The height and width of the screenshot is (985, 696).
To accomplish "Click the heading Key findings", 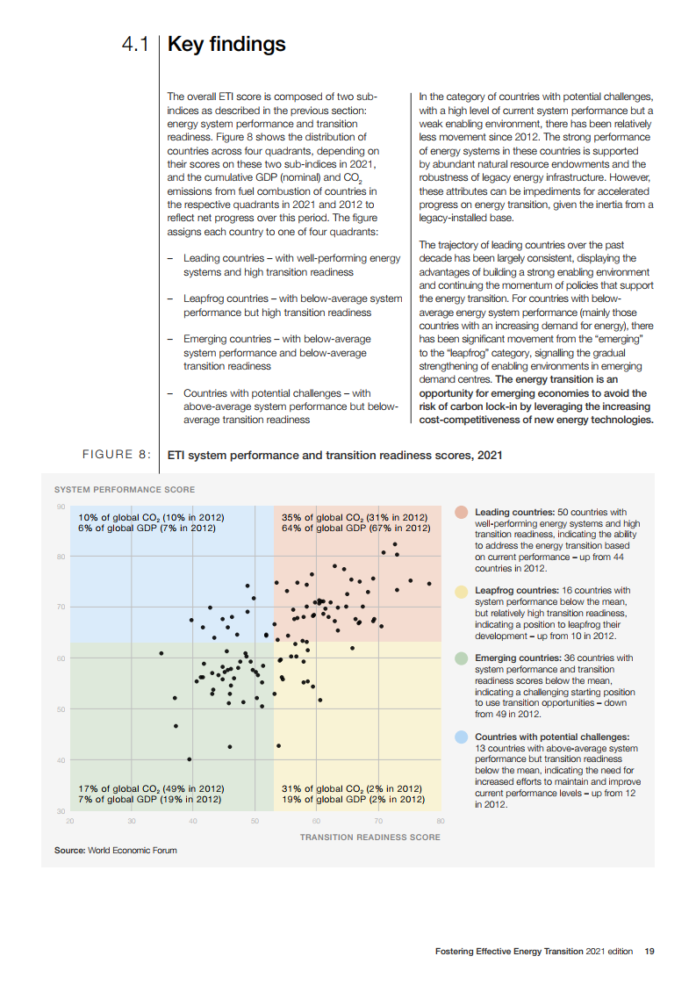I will [x=226, y=44].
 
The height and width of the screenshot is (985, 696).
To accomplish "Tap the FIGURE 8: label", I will [x=116, y=455].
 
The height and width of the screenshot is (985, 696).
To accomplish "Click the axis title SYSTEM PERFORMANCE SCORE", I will [x=125, y=489].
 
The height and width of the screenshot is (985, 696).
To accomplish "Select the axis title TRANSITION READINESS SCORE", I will [x=370, y=837].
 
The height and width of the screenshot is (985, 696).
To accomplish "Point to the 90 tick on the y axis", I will [x=61, y=507].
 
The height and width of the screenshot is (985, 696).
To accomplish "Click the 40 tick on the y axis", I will [x=61, y=760].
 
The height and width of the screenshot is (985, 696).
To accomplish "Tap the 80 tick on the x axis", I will [x=441, y=821].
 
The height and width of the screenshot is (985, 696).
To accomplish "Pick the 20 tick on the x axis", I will [x=69, y=821].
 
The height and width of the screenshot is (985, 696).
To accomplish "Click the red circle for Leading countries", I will [x=461, y=512].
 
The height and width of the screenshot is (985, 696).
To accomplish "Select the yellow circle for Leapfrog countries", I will [x=461, y=592].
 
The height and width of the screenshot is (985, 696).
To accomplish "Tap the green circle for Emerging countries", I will [x=461, y=658].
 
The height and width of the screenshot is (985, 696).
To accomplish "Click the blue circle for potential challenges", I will [x=461, y=737].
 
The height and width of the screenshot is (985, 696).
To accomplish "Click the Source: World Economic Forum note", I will [x=115, y=850].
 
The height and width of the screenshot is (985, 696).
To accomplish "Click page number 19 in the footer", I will [x=649, y=951].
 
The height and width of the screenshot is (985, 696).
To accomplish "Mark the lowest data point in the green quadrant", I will [x=190, y=759].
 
